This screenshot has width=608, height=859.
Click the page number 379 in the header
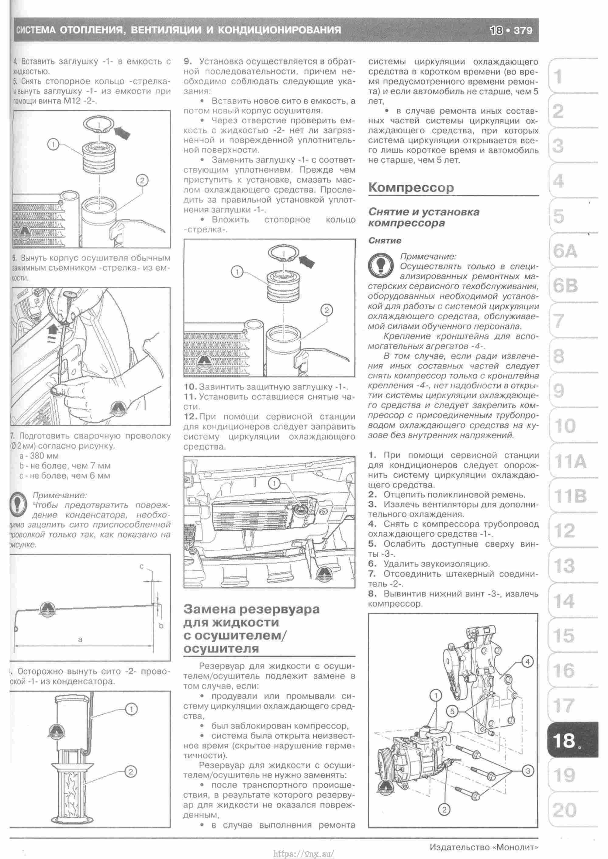pyautogui.click(x=523, y=30)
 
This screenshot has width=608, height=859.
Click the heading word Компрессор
pyautogui.click(x=411, y=187)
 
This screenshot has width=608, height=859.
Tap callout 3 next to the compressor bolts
pyautogui.click(x=528, y=771)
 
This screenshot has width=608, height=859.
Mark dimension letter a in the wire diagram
pyautogui.click(x=80, y=639)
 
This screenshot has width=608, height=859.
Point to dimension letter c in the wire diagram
pyautogui.click(x=142, y=566)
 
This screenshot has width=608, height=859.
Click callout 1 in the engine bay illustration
pyautogui.click(x=275, y=484)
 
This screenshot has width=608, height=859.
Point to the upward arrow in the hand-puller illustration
pyautogui.click(x=53, y=329)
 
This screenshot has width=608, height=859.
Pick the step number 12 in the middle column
pyautogui.click(x=190, y=417)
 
